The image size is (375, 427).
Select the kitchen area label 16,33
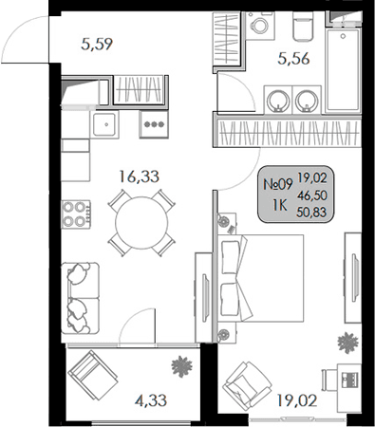(x=139, y=175)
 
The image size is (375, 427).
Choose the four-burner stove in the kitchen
(x=76, y=213)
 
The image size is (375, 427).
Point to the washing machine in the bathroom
(x=257, y=28)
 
